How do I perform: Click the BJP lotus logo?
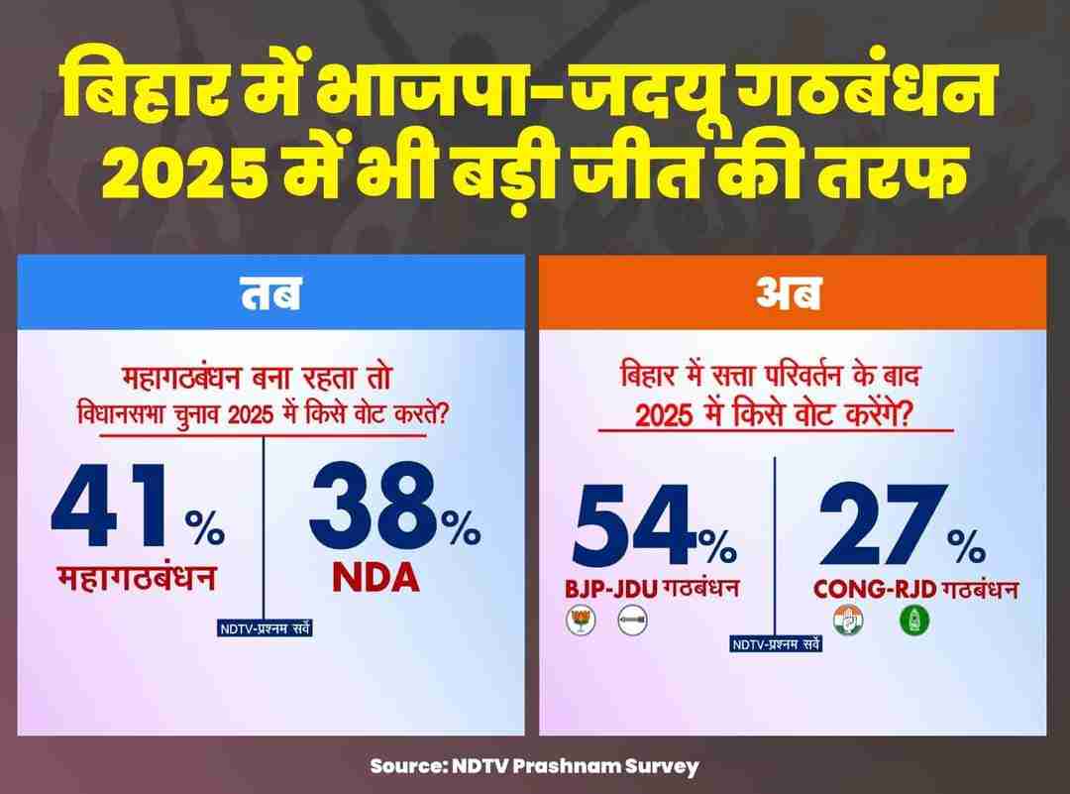click(x=577, y=623)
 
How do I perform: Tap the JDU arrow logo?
click(x=630, y=623)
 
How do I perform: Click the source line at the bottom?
click(x=535, y=765)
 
